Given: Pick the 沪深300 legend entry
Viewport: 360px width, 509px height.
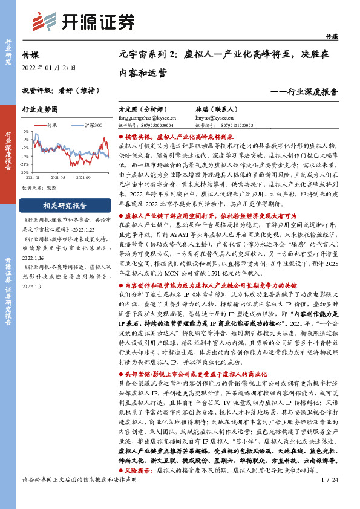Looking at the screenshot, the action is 91,125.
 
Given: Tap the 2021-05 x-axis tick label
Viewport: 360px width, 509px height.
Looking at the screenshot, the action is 57,178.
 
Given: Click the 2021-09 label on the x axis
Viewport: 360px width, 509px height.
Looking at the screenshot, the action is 83,178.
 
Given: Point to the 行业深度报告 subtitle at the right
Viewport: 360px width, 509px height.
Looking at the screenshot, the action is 307,92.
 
